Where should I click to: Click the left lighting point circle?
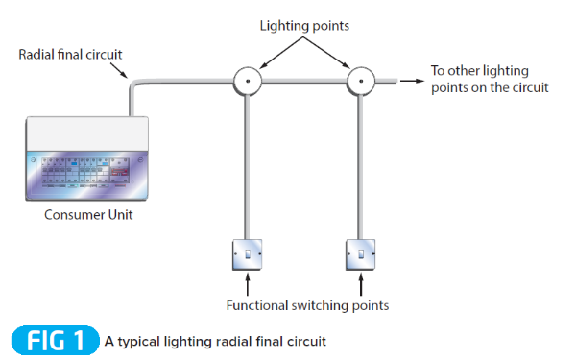click(x=249, y=82)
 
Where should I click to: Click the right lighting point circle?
click(x=362, y=82)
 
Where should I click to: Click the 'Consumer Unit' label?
click(x=88, y=214)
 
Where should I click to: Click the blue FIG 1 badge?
click(x=55, y=341)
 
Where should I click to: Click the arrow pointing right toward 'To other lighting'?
click(x=410, y=82)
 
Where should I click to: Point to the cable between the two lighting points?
click(x=305, y=83)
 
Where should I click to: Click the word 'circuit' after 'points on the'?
click(x=527, y=88)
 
